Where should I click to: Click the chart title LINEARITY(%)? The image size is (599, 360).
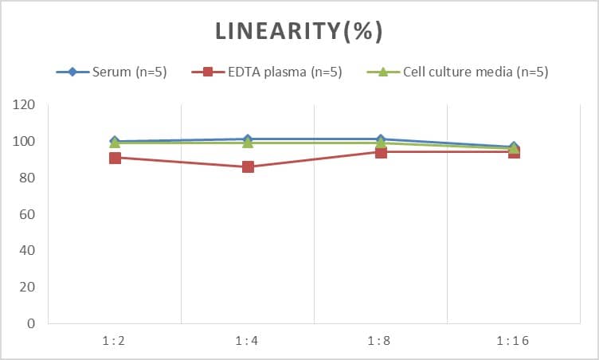point(299,31)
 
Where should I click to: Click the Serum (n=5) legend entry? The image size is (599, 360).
point(112,72)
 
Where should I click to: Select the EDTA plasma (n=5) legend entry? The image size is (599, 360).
point(267,72)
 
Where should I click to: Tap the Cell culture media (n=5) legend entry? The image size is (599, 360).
point(457,72)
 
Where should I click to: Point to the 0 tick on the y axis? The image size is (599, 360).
point(31,324)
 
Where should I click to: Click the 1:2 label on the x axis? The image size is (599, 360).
point(115,341)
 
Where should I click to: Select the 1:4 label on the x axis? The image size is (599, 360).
point(248,341)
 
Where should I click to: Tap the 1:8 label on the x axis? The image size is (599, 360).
point(381,341)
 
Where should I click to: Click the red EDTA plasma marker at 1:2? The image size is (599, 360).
point(115,158)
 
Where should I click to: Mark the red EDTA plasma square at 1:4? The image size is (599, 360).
point(248,167)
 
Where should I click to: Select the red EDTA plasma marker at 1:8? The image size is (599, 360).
point(381,152)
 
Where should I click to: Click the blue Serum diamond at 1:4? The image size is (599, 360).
point(248,139)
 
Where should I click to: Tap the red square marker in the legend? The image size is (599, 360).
point(208,72)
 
